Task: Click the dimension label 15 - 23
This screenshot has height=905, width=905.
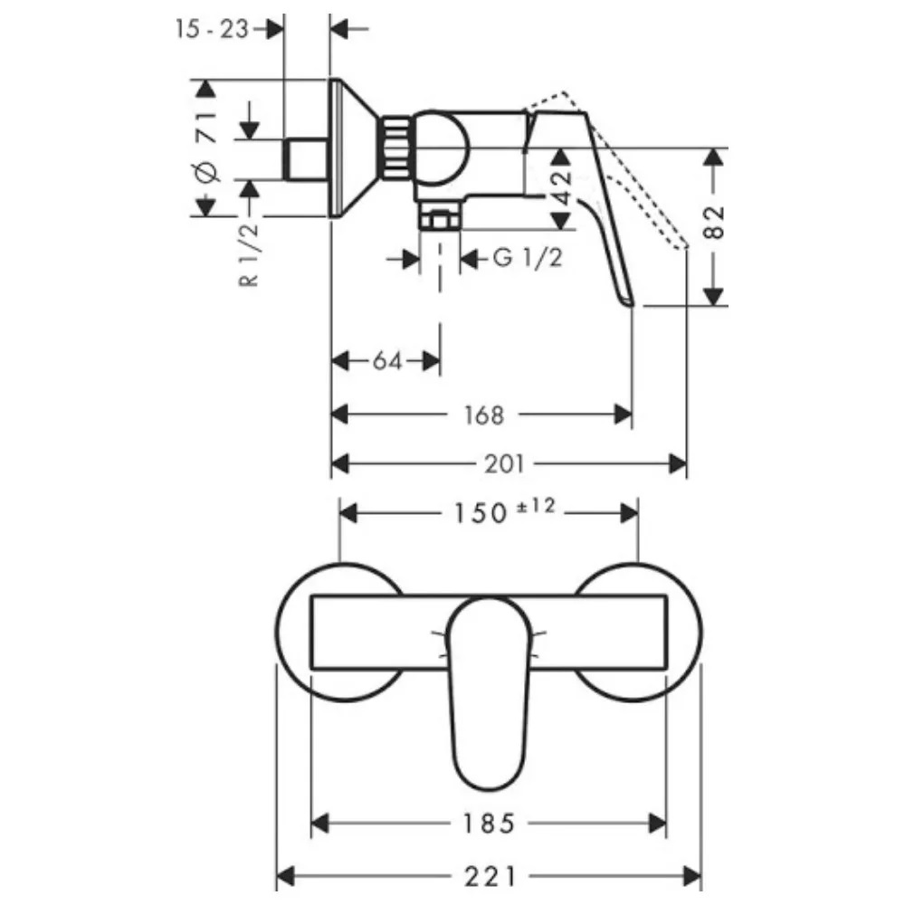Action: (x=212, y=29)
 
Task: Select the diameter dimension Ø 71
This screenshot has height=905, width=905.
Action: (x=207, y=147)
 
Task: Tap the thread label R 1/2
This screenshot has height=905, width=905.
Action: (x=249, y=255)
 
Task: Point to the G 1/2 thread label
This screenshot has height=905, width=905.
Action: (x=528, y=257)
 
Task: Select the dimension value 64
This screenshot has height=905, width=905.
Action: (x=387, y=362)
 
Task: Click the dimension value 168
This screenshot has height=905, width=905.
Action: (x=484, y=415)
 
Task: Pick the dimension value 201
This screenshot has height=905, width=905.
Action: (x=505, y=464)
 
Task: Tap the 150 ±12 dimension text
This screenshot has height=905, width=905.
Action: (x=504, y=510)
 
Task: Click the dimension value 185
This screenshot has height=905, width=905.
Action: (x=489, y=824)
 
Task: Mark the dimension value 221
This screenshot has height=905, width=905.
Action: (x=490, y=877)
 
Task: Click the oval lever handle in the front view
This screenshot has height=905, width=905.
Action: (x=489, y=693)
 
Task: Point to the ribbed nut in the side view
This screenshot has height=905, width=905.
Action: (x=395, y=148)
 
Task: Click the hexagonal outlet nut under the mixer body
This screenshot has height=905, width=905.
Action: (x=441, y=220)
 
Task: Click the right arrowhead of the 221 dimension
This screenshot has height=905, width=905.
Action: (x=692, y=877)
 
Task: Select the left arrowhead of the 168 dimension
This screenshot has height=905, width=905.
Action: (x=340, y=414)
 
